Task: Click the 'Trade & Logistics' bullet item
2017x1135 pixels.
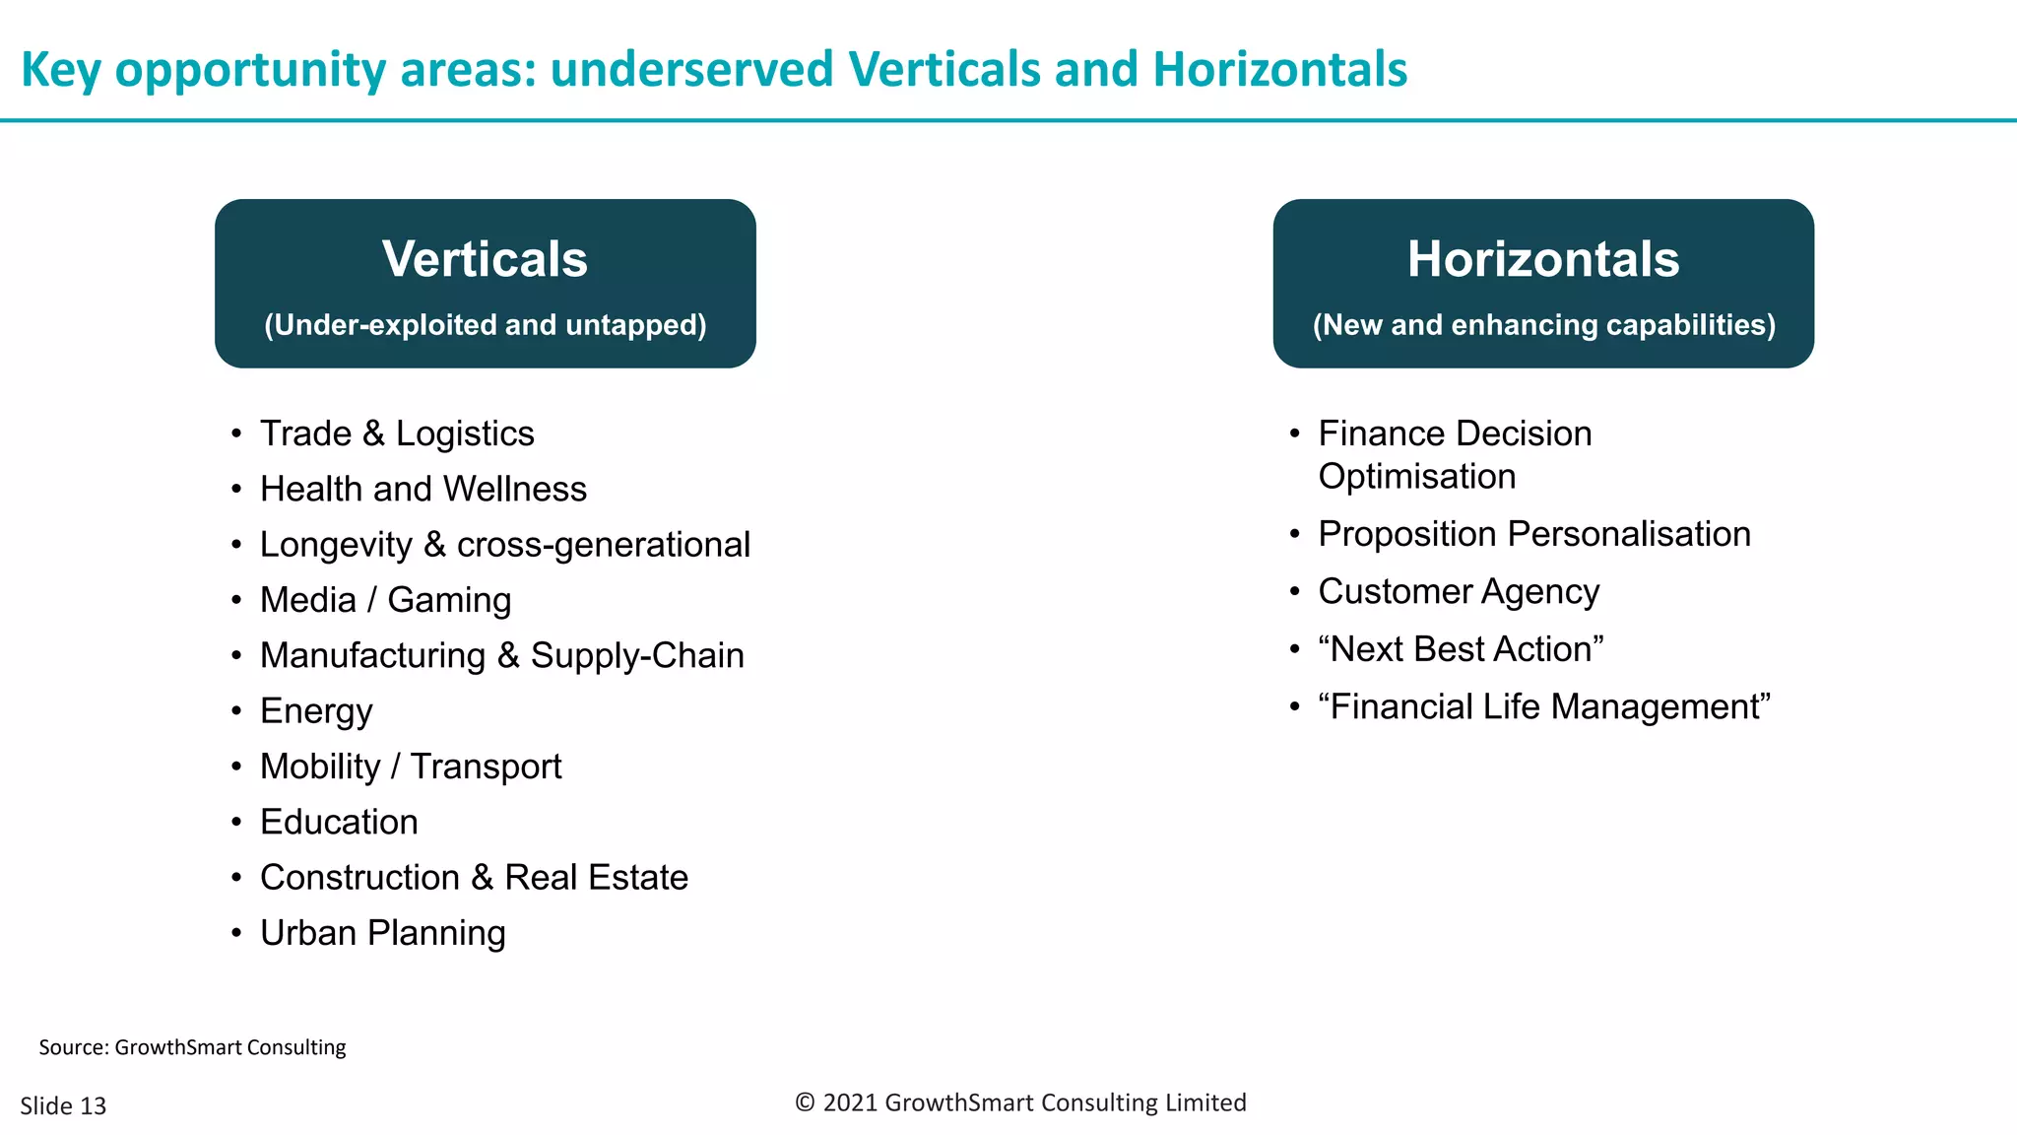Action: click(x=397, y=434)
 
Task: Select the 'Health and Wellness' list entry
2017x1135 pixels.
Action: click(x=423, y=489)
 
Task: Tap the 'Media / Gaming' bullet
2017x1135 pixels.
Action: click(x=385, y=600)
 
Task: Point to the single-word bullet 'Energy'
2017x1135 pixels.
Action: click(x=316, y=711)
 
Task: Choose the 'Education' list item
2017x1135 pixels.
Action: click(x=339, y=822)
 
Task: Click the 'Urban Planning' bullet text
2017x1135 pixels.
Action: click(x=382, y=933)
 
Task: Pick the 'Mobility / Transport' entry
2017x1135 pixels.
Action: click(x=411, y=767)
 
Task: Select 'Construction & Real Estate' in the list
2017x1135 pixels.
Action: click(x=474, y=877)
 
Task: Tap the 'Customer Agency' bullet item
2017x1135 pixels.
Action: click(x=1459, y=591)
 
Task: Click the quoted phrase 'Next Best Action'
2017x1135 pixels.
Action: click(x=1461, y=649)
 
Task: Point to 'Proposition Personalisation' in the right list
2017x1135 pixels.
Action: click(x=1534, y=534)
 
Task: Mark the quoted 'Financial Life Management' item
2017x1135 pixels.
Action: click(x=1544, y=706)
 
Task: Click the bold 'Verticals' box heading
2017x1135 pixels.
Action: click(x=485, y=259)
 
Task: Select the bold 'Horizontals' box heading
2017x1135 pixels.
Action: click(x=1543, y=259)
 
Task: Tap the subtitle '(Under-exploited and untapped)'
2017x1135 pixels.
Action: click(x=485, y=325)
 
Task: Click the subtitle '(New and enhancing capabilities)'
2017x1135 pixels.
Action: click(x=1543, y=325)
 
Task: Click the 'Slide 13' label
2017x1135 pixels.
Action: click(x=63, y=1105)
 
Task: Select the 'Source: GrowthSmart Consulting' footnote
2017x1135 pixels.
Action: click(x=192, y=1047)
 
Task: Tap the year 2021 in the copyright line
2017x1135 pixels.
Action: click(x=850, y=1102)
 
